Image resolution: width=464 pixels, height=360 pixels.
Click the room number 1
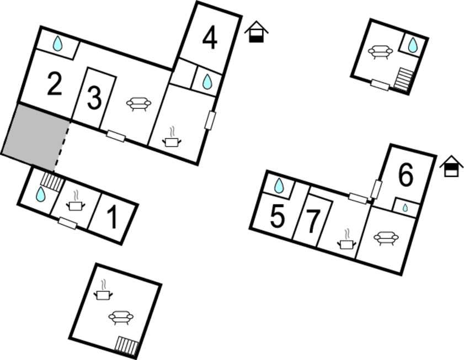point(113,218)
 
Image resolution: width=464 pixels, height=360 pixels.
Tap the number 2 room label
point(55,84)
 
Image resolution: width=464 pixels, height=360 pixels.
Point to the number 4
point(210,39)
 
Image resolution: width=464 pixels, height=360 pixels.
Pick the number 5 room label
point(278,215)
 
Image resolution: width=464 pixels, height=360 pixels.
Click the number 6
point(406,175)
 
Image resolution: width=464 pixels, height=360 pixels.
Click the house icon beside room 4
point(256,31)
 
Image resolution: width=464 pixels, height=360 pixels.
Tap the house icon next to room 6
point(451,166)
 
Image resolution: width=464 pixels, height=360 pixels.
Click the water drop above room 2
point(58,44)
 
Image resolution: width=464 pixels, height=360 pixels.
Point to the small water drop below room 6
point(405,208)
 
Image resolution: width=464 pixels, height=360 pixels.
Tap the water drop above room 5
point(279,186)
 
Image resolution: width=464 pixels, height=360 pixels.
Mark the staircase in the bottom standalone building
point(127,345)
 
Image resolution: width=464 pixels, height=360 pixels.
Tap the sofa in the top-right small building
point(380,52)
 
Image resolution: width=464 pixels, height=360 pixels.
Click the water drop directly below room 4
point(207,82)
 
